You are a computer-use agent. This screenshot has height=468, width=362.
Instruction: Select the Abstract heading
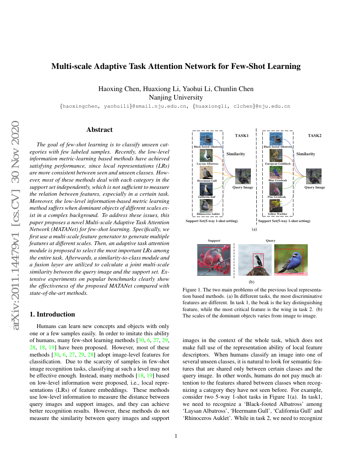99,130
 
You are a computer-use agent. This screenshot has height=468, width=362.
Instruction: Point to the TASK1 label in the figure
241,136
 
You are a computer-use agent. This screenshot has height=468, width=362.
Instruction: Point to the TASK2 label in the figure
314,136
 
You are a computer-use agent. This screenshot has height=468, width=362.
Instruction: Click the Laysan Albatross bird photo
206,155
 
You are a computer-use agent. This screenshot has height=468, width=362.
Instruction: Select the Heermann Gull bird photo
206,172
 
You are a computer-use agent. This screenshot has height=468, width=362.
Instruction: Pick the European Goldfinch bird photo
277,155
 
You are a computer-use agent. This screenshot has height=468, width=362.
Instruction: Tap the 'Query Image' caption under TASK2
315,187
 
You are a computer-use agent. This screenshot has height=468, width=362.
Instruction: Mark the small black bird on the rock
258,260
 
